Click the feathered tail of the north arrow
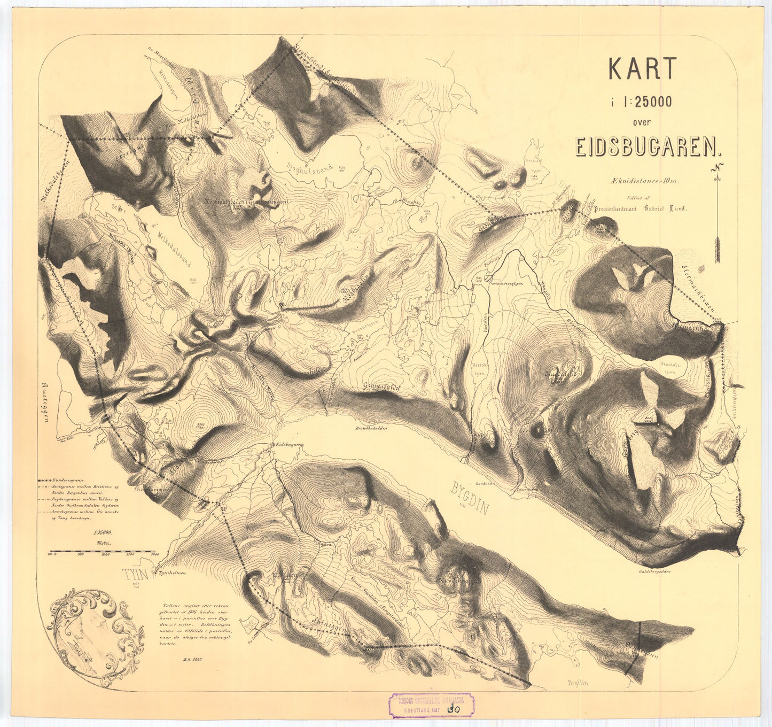(717, 251)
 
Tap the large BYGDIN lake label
(471, 498)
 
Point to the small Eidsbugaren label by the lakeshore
(288, 445)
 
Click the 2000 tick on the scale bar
(155, 554)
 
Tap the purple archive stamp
(431, 705)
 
